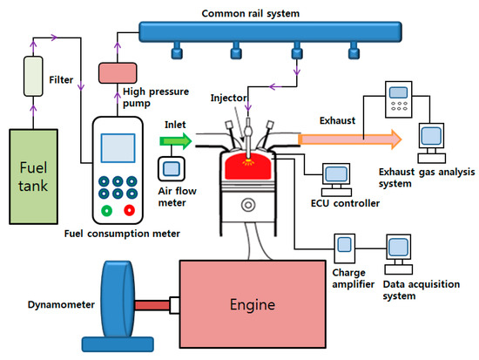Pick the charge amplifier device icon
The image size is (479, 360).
click(347, 248)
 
